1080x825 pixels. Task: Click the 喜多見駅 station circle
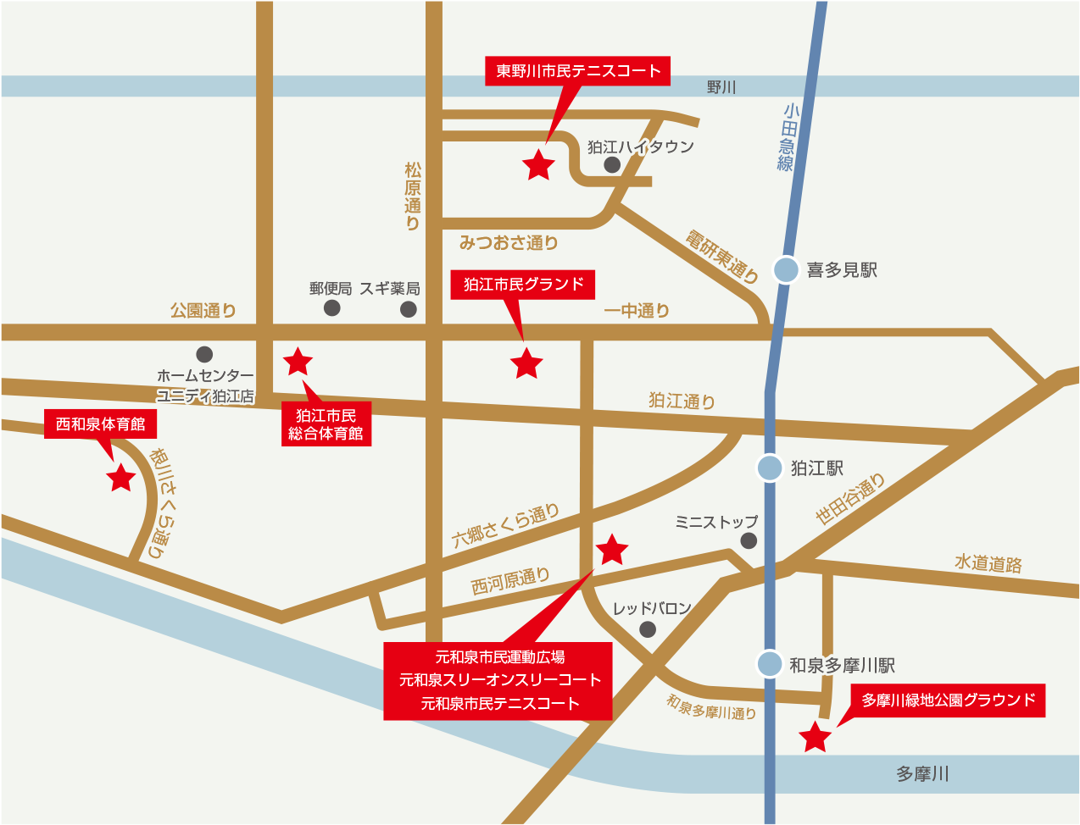click(x=786, y=269)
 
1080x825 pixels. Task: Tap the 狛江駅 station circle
click(x=770, y=468)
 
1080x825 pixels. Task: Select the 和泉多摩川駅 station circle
click(x=770, y=664)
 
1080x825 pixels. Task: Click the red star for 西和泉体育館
click(x=121, y=479)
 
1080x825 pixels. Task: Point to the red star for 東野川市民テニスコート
click(x=539, y=165)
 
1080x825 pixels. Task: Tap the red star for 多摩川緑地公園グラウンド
click(x=816, y=737)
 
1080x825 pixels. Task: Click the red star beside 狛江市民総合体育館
click(x=298, y=362)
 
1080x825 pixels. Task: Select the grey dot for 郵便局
click(x=332, y=308)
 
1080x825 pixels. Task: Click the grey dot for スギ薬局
click(x=409, y=308)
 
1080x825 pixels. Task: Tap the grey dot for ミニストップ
click(x=749, y=540)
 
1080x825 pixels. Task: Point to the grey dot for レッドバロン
click(x=648, y=628)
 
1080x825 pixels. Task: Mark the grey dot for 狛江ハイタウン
click(x=612, y=165)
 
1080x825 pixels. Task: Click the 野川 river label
click(x=721, y=86)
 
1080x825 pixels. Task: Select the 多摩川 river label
click(x=922, y=773)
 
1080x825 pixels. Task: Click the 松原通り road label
click(x=413, y=197)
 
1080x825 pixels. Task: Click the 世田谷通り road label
click(x=850, y=499)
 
